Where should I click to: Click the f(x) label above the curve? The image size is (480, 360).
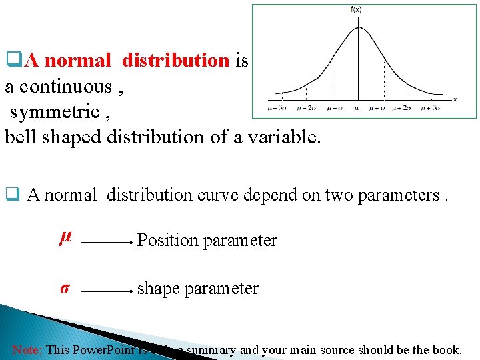356,9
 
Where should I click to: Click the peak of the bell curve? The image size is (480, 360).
358,27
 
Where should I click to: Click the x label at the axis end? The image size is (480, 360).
455,99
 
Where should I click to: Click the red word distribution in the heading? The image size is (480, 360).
176,61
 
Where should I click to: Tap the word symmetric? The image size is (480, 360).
55,111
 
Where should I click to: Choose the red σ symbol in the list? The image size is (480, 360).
65,289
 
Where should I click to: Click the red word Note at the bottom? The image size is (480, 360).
27,349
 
